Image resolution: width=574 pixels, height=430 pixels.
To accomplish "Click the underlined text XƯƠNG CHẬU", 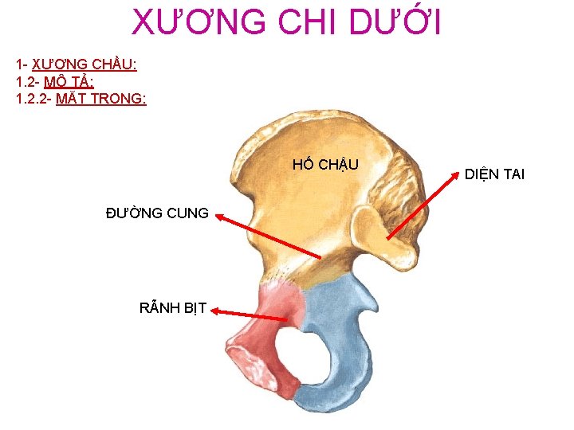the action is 85,64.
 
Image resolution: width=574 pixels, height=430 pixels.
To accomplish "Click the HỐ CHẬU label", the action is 325,165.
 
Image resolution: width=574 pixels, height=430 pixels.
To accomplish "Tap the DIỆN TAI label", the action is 494,174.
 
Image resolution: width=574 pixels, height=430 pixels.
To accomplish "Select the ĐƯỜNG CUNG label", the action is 158,213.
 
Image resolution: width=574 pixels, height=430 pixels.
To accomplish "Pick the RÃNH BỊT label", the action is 173,308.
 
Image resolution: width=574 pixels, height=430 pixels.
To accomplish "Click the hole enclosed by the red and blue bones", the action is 308,350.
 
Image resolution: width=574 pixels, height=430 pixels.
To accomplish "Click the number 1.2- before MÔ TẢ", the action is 27,81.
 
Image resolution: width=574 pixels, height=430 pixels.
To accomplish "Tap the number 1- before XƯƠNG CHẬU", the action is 21,64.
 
